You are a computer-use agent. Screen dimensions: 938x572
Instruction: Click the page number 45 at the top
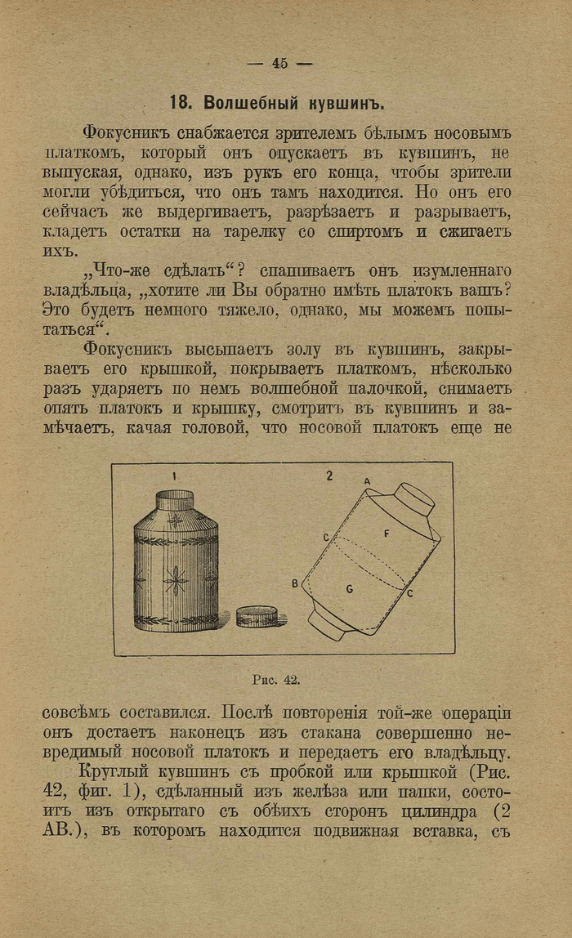pyautogui.click(x=280, y=63)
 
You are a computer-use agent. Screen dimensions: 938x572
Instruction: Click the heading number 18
pyautogui.click(x=179, y=104)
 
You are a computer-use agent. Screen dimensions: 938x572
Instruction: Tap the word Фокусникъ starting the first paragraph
pyautogui.click(x=125, y=132)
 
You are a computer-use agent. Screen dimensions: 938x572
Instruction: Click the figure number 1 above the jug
pyautogui.click(x=174, y=476)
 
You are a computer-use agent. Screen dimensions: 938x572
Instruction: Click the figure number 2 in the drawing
pyautogui.click(x=329, y=476)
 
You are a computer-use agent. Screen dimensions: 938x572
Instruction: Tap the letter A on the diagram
pyautogui.click(x=367, y=482)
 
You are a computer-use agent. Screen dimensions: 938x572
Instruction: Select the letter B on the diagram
pyautogui.click(x=294, y=583)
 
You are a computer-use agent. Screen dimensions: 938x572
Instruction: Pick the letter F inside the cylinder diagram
pyautogui.click(x=387, y=532)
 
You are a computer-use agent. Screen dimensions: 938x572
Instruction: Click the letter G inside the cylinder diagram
pyautogui.click(x=349, y=588)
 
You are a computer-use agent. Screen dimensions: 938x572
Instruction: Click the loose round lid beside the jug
pyautogui.click(x=257, y=616)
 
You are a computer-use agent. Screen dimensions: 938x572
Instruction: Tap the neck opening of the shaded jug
pyautogui.click(x=174, y=494)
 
